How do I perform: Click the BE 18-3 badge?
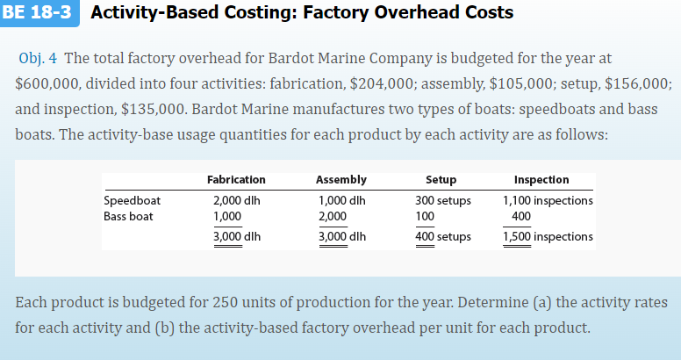pyautogui.click(x=39, y=13)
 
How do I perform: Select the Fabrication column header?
pyautogui.click(x=236, y=179)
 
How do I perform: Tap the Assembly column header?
pyautogui.click(x=340, y=179)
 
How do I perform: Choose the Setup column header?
pyautogui.click(x=441, y=179)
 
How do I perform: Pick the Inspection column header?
pyautogui.click(x=541, y=179)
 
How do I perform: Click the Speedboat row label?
pyautogui.click(x=133, y=200)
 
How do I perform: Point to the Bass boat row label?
pyautogui.click(x=129, y=215)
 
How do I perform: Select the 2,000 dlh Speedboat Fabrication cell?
pyautogui.click(x=237, y=200)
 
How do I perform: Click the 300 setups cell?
pyautogui.click(x=442, y=200)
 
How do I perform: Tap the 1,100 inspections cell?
pyautogui.click(x=547, y=200)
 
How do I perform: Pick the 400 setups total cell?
pyautogui.click(x=442, y=236)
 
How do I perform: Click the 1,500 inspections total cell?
pyautogui.click(x=547, y=236)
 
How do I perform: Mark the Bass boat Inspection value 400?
pyautogui.click(x=520, y=215)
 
